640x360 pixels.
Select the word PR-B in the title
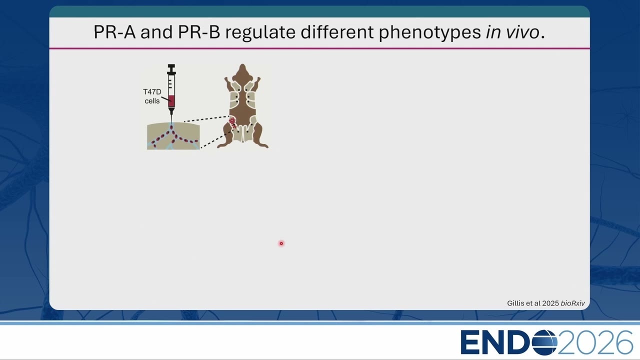(x=199, y=32)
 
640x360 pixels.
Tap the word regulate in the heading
(x=260, y=32)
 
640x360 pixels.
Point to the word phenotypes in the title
(x=429, y=32)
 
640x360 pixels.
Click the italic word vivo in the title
(x=522, y=32)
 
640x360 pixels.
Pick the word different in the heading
(x=337, y=32)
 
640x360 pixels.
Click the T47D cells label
(x=152, y=96)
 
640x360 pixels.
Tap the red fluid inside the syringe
(x=171, y=101)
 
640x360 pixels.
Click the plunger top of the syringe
(x=171, y=65)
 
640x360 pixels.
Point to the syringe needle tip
(x=171, y=123)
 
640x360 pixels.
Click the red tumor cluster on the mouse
(x=232, y=122)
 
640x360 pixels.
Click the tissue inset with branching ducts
(x=173, y=136)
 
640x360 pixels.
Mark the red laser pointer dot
(x=281, y=243)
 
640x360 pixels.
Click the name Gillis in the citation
(x=515, y=303)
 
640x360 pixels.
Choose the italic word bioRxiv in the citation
(x=572, y=303)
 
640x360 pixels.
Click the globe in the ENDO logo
(x=544, y=342)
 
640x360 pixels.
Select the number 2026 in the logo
(x=595, y=342)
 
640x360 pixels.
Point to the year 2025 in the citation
(x=550, y=303)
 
